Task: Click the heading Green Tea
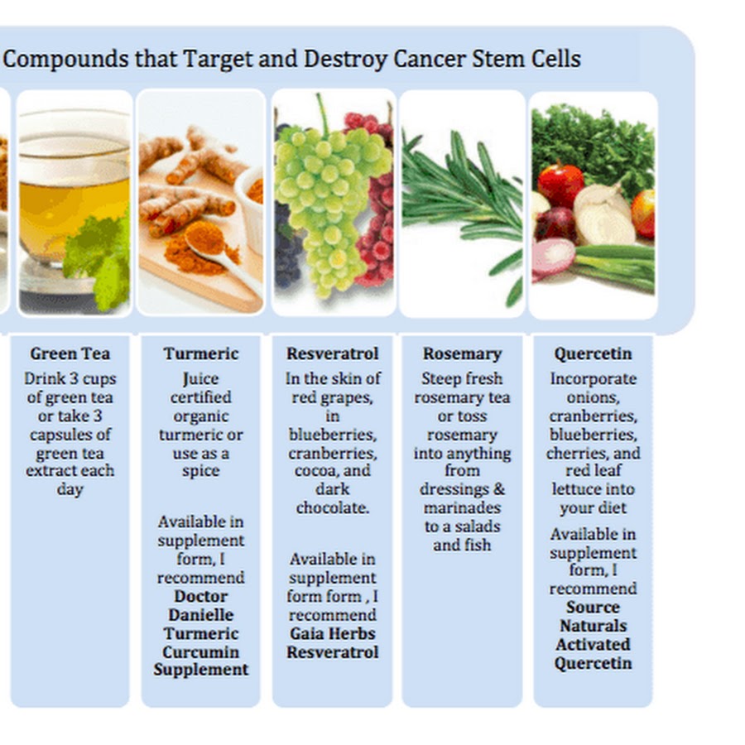tap(70, 353)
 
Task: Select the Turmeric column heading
tap(201, 353)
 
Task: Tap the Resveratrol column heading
tap(333, 353)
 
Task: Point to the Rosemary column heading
tap(462, 354)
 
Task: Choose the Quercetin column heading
tap(593, 354)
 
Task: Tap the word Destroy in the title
tap(345, 60)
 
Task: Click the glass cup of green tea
tap(74, 199)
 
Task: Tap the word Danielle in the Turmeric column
tap(201, 615)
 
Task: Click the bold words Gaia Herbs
tap(333, 633)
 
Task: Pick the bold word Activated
tap(593, 645)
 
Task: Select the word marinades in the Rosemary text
tap(462, 508)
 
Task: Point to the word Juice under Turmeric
tap(201, 379)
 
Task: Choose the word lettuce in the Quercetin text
tap(593, 489)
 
